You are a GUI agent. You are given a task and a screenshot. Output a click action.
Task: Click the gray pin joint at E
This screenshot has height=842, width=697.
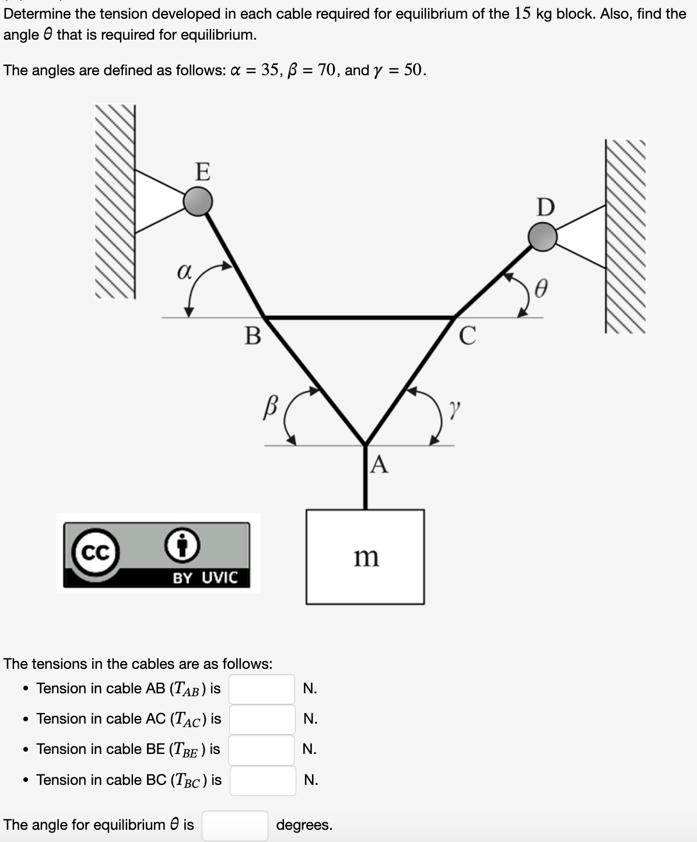point(198,201)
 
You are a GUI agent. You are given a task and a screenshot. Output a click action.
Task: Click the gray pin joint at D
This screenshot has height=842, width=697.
point(542,237)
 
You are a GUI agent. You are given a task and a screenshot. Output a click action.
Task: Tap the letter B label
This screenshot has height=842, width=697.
point(253,336)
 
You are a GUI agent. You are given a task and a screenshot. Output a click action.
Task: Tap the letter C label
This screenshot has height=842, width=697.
point(467,336)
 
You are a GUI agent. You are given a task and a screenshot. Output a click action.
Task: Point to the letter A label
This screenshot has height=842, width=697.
point(379,465)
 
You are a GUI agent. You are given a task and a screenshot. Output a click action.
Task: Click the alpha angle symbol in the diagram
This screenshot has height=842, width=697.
point(184,272)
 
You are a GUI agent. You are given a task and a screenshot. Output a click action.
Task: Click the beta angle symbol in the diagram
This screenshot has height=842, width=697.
point(270,405)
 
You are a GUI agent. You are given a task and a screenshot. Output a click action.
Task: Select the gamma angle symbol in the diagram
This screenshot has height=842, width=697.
point(454,406)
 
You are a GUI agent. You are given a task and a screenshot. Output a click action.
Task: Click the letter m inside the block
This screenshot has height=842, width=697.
point(366,557)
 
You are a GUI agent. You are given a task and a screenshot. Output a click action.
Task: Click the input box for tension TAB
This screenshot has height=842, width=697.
point(262,689)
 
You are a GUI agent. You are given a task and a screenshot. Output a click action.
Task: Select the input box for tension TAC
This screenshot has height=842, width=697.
point(262,719)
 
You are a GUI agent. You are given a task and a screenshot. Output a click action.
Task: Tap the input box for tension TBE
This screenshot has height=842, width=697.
point(261,749)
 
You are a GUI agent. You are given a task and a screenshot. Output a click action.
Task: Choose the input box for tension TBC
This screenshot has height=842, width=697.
point(262,780)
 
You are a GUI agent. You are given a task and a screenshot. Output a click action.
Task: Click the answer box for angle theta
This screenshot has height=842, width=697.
point(235,825)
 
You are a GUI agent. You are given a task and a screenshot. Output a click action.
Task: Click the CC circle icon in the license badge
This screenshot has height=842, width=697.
point(95,553)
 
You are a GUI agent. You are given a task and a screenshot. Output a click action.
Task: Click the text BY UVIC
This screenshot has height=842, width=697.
point(205,578)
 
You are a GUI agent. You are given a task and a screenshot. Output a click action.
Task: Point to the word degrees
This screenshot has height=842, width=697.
point(304,825)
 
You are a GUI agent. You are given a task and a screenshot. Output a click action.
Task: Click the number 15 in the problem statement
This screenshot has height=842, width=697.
point(523,13)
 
